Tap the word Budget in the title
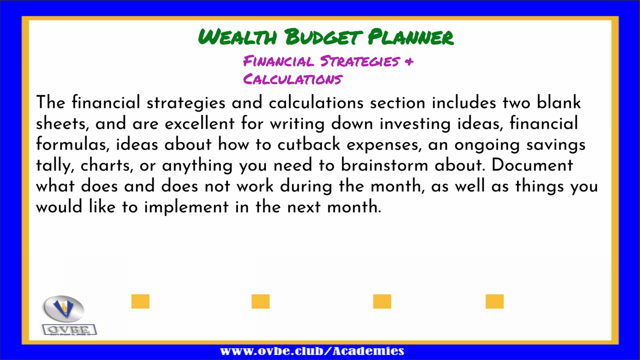tap(324, 37)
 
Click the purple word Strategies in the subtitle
tap(360, 61)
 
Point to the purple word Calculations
tap(293, 79)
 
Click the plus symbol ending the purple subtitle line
tap(410, 61)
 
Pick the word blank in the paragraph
tap(558, 102)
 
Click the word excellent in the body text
tap(200, 123)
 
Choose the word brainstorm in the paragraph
tap(384, 165)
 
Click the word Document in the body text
tap(532, 165)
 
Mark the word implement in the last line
tap(186, 207)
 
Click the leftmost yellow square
tap(140, 302)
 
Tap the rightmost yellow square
tap(494, 302)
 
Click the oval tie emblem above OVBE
tap(64, 308)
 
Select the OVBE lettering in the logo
tap(69, 330)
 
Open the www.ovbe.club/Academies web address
tap(312, 351)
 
